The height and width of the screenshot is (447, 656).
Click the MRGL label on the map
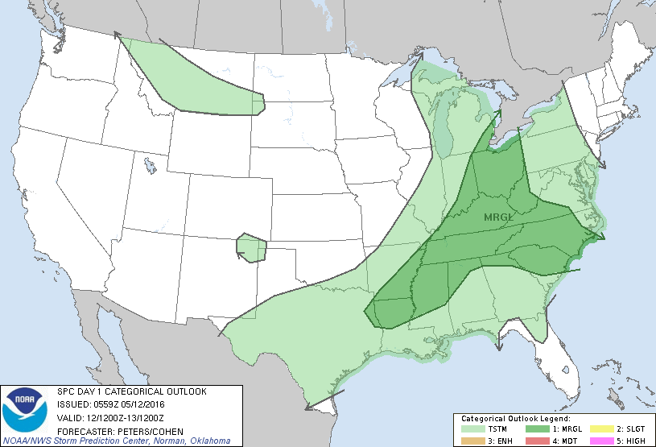[x=499, y=217]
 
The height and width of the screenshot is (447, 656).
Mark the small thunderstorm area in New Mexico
[x=252, y=249]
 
